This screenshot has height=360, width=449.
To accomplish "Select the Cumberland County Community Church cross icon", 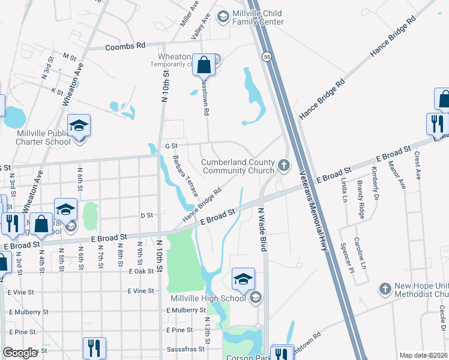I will (284, 164).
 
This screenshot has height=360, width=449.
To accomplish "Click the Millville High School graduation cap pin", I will (243, 279).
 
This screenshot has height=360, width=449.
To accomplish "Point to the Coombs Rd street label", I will (125, 46).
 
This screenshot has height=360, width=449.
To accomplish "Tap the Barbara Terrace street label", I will (185, 176).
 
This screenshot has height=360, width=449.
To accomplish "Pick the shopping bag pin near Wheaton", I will (203, 65).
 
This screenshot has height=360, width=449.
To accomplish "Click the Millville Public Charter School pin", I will (79, 126).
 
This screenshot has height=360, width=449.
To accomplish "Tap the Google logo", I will (20, 353).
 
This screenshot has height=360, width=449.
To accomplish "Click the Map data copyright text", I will (423, 355).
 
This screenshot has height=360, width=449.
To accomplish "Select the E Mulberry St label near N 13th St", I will (186, 310).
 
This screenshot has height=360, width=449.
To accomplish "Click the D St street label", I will (147, 215).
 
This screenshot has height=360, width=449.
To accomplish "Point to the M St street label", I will (70, 58).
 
